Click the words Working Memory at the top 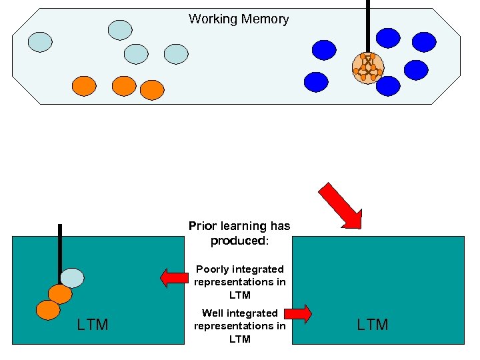(x=239, y=19)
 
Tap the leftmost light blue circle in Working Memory (x=39, y=42)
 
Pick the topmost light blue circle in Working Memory (x=120, y=29)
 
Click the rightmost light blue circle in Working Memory (x=176, y=54)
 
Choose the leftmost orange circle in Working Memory (x=84, y=85)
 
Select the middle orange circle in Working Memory (x=123, y=85)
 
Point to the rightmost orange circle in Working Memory (x=151, y=89)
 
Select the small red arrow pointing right (x=299, y=313)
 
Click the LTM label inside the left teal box (x=93, y=325)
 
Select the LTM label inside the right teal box (x=373, y=325)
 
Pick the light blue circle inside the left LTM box (x=72, y=277)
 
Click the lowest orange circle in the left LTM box (x=47, y=309)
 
